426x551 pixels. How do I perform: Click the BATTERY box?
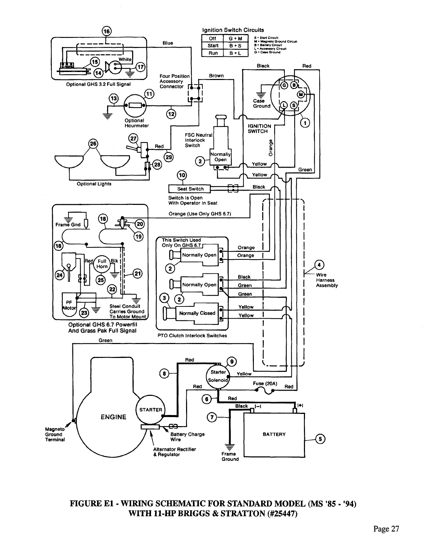coord(274,435)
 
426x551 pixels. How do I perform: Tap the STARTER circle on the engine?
coord(151,410)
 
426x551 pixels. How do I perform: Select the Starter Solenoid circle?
coord(218,376)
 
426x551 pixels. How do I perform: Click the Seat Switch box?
coord(190,189)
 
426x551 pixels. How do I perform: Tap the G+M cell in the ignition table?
coord(235,39)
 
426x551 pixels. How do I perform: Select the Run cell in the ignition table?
coord(213,53)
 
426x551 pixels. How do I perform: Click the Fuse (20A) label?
coord(265,384)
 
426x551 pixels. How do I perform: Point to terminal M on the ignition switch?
coord(301,95)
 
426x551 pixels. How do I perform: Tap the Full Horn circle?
coord(102,264)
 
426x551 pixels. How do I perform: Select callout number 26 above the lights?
coord(93,144)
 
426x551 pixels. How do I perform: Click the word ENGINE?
coord(113,417)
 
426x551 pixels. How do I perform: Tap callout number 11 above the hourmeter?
coord(148,94)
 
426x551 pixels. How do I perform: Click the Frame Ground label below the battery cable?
coord(230,456)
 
